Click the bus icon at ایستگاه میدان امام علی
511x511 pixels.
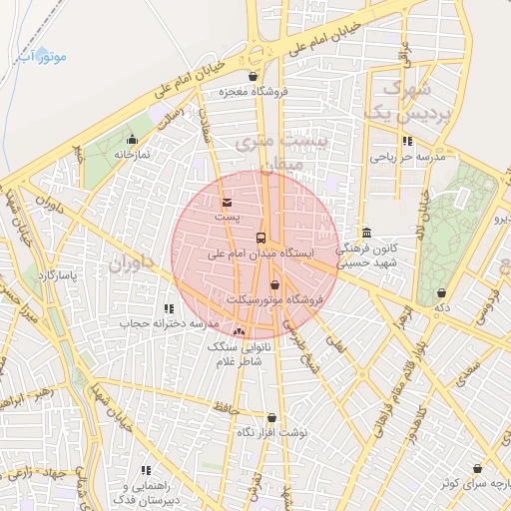pos(260,238)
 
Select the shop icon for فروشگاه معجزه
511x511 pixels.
pos(253,76)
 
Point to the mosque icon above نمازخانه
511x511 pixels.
pos(132,139)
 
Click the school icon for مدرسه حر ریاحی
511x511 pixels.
pos(406,141)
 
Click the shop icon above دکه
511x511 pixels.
pos(442,292)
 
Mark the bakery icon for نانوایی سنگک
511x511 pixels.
pos(238,330)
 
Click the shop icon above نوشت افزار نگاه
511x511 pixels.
pos(271,417)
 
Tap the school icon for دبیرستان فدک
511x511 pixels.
pos(146,469)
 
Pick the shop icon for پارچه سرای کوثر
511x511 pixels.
pos(478,467)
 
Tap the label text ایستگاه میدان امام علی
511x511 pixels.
pos(260,254)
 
